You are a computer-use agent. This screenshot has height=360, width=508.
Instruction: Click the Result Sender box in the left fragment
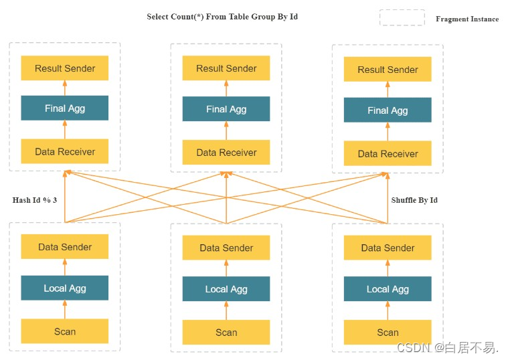[65, 68]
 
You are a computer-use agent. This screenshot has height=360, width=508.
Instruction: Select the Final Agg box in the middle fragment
[226, 109]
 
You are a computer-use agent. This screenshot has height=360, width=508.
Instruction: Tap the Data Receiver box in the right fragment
[388, 153]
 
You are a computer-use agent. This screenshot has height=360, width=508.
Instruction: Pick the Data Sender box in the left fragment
[65, 247]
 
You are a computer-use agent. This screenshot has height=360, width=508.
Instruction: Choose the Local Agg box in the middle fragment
[226, 288]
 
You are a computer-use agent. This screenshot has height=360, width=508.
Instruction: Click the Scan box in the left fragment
[65, 331]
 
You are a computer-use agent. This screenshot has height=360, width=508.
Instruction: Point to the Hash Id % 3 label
[35, 200]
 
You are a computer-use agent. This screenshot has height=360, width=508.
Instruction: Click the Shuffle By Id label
[414, 200]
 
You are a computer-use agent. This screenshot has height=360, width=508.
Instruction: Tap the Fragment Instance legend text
[467, 19]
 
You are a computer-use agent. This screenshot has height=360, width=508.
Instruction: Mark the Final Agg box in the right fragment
[388, 110]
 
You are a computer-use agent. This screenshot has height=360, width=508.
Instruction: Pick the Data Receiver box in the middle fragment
[226, 153]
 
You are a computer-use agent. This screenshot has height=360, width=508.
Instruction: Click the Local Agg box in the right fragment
[388, 288]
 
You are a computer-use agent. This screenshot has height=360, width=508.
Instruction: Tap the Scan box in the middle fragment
[226, 332]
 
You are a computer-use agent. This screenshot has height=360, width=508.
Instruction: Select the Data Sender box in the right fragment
[388, 248]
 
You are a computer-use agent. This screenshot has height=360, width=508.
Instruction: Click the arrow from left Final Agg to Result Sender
[65, 88]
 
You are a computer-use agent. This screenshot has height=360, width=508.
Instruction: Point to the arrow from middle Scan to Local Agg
[226, 310]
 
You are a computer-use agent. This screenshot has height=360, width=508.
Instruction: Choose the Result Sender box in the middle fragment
[226, 68]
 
